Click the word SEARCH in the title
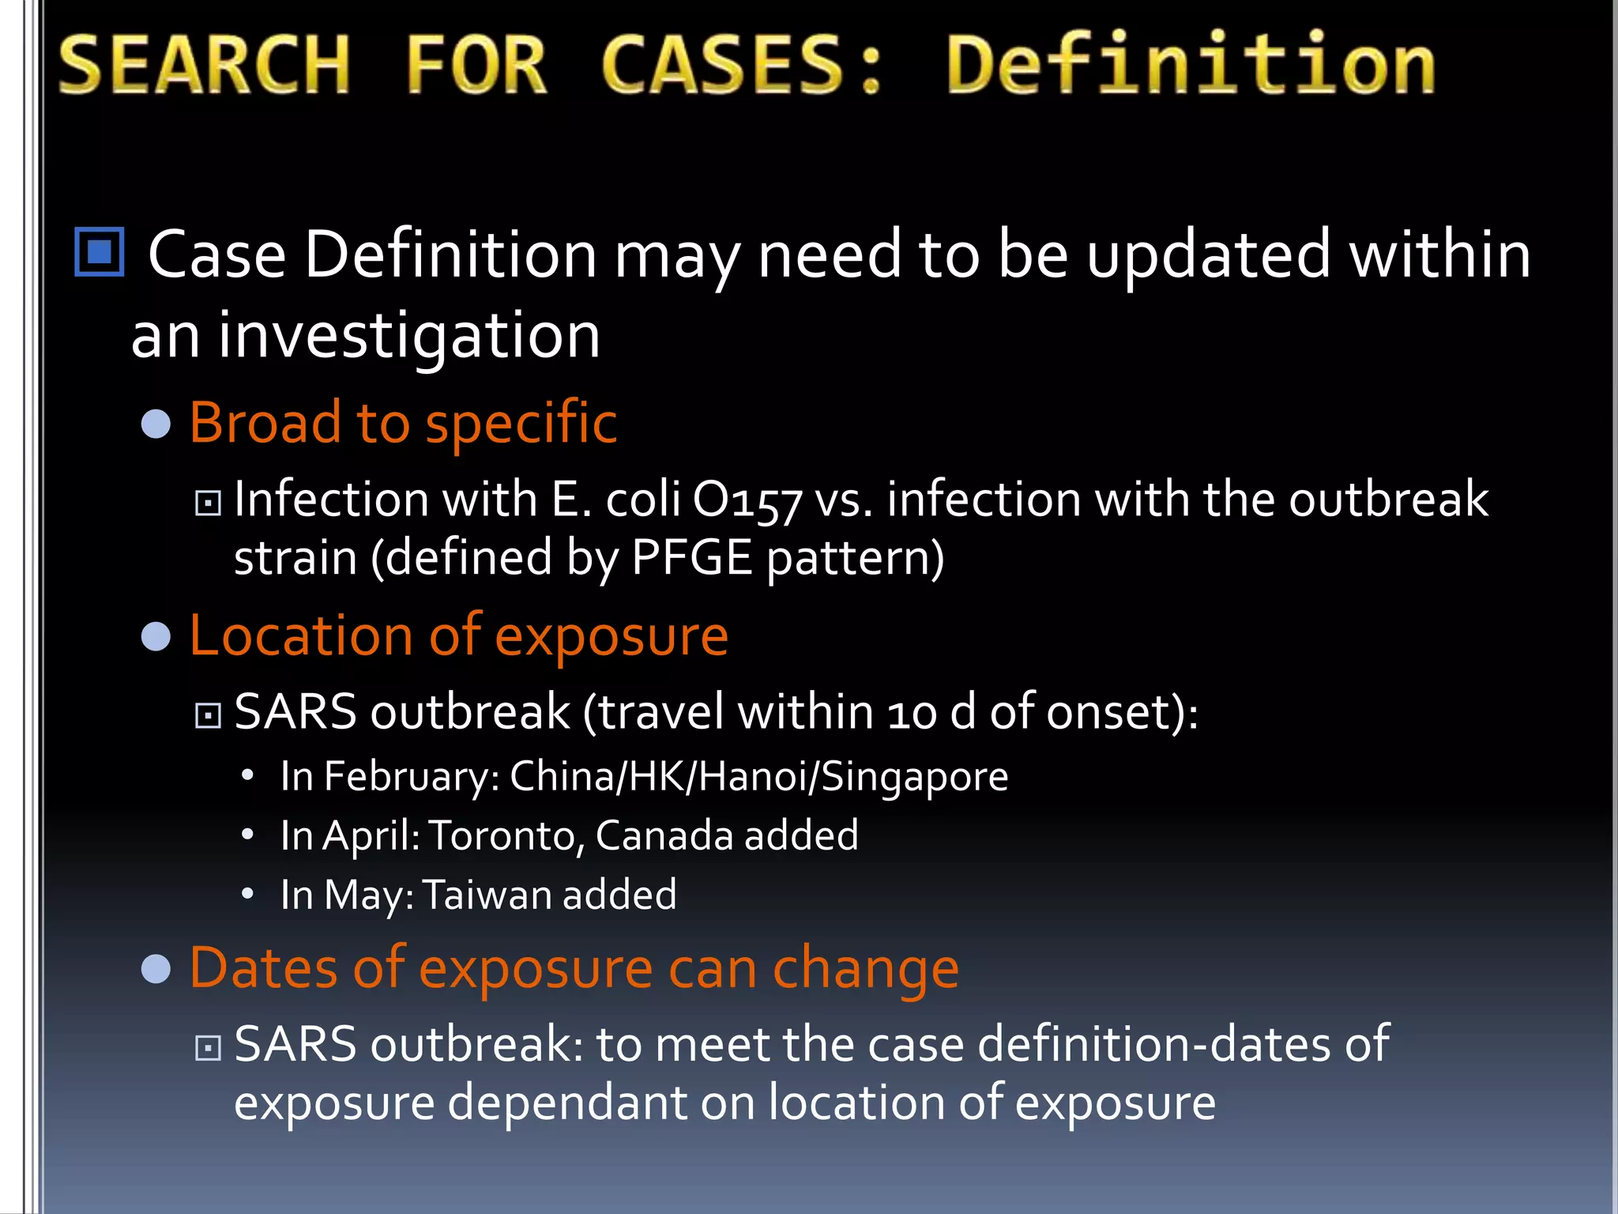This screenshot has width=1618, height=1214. click(204, 65)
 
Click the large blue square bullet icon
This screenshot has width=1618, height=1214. click(100, 252)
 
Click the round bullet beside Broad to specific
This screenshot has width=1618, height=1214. click(156, 424)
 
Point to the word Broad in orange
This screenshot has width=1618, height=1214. click(265, 423)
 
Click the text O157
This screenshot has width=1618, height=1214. click(747, 501)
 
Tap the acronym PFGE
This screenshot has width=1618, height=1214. click(691, 558)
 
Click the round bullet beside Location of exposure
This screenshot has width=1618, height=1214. click(156, 637)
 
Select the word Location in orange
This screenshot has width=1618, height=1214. click(301, 635)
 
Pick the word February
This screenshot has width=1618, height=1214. click(411, 777)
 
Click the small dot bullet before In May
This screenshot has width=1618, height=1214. click(248, 894)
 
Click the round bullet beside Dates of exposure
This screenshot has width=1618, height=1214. click(156, 969)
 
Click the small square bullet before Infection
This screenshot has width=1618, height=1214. click(208, 503)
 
